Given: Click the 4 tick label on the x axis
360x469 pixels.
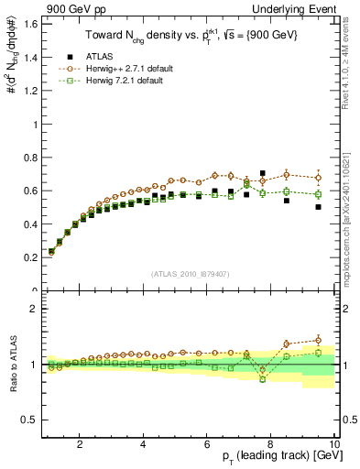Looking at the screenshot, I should pos(143,445).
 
